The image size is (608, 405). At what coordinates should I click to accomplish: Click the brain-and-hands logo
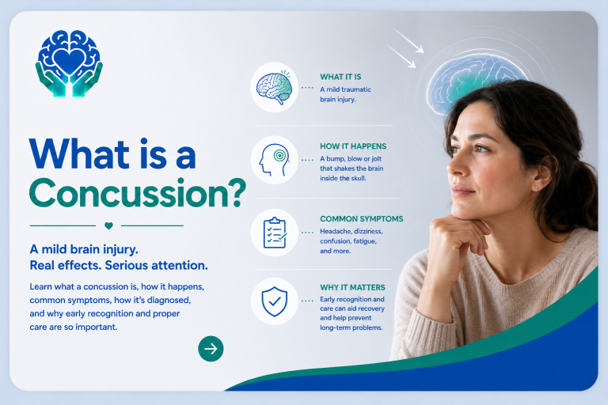pos(69,62)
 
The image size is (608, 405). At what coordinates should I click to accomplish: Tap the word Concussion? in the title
pos(138,193)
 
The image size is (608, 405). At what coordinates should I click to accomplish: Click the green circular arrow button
pos(211,349)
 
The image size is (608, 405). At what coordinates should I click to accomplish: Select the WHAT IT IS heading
pos(340,77)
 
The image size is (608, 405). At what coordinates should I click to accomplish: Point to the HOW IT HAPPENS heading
pos(353,146)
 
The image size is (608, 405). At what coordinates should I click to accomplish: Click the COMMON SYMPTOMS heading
pos(361,218)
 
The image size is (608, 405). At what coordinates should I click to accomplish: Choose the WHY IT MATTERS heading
pos(352,287)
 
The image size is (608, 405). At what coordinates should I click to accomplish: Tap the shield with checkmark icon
pos(274,301)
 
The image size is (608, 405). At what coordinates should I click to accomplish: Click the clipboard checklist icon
pos(275,233)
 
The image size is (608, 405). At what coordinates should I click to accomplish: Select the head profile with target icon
pos(274,160)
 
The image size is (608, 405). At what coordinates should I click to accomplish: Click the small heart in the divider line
pos(108,225)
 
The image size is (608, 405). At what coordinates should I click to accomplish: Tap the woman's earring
pos(536,188)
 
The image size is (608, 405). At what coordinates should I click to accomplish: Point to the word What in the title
pos(79,154)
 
